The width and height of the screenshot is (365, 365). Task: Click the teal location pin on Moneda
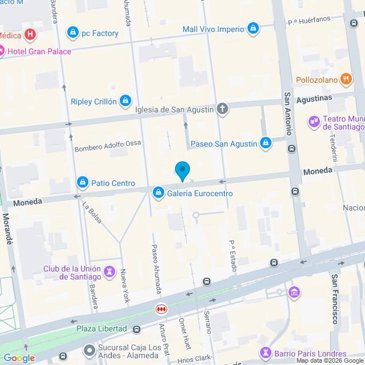(x=182, y=171)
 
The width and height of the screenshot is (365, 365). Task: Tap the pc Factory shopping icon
(x=72, y=33)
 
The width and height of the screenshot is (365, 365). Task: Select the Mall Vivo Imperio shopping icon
(x=253, y=29)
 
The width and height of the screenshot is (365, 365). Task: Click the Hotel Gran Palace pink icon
(x=2, y=51)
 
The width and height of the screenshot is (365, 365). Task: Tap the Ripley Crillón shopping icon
(x=125, y=102)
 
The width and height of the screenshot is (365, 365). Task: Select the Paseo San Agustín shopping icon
(x=265, y=144)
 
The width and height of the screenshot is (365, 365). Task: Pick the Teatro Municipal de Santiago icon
(x=314, y=121)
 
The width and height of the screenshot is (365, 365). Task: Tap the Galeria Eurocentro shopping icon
(x=158, y=193)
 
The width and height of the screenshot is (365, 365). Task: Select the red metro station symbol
(x=162, y=309)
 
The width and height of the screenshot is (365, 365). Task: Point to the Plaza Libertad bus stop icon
(x=137, y=329)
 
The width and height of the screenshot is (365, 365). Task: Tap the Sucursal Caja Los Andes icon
(x=88, y=349)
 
